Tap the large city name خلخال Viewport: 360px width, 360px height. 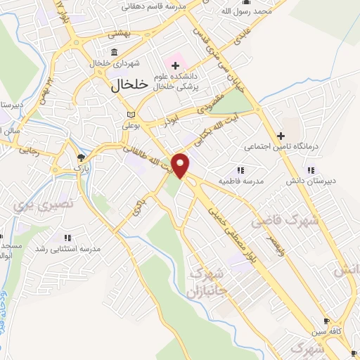129,84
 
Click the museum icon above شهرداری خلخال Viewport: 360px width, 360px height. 115,52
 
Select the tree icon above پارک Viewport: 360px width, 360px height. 82,157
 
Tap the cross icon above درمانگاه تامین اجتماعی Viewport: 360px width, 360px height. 281,136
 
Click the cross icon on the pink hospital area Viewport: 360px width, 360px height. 175,65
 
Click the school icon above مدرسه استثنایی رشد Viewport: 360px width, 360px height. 67,238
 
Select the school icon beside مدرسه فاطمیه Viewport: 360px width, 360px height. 240,170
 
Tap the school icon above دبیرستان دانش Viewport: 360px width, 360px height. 310,169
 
